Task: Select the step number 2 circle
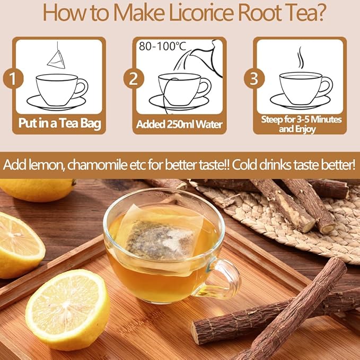(x=134, y=79)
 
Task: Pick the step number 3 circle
(x=254, y=79)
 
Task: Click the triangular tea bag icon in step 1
(x=55, y=59)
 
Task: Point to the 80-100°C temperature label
(x=163, y=47)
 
